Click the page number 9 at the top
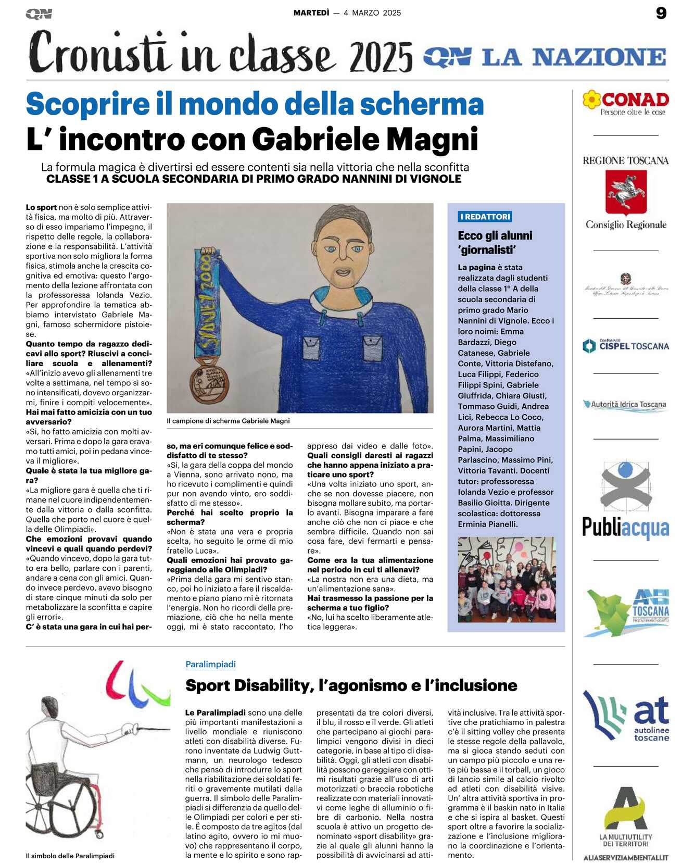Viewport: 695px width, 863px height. click(661, 13)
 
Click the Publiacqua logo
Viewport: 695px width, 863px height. click(626, 500)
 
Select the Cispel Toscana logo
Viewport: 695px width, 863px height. click(626, 346)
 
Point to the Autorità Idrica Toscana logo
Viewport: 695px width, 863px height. click(626, 405)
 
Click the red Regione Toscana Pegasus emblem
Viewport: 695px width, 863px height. click(626, 192)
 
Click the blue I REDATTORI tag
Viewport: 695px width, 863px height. click(485, 217)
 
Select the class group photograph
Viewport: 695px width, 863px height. click(507, 580)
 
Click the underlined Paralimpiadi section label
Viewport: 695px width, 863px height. click(210, 665)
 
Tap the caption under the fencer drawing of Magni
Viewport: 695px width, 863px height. click(228, 421)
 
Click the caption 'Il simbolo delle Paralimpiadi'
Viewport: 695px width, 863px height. click(70, 856)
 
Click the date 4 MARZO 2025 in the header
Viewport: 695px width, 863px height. click(372, 13)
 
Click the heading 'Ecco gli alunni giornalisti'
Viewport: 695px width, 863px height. click(495, 243)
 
